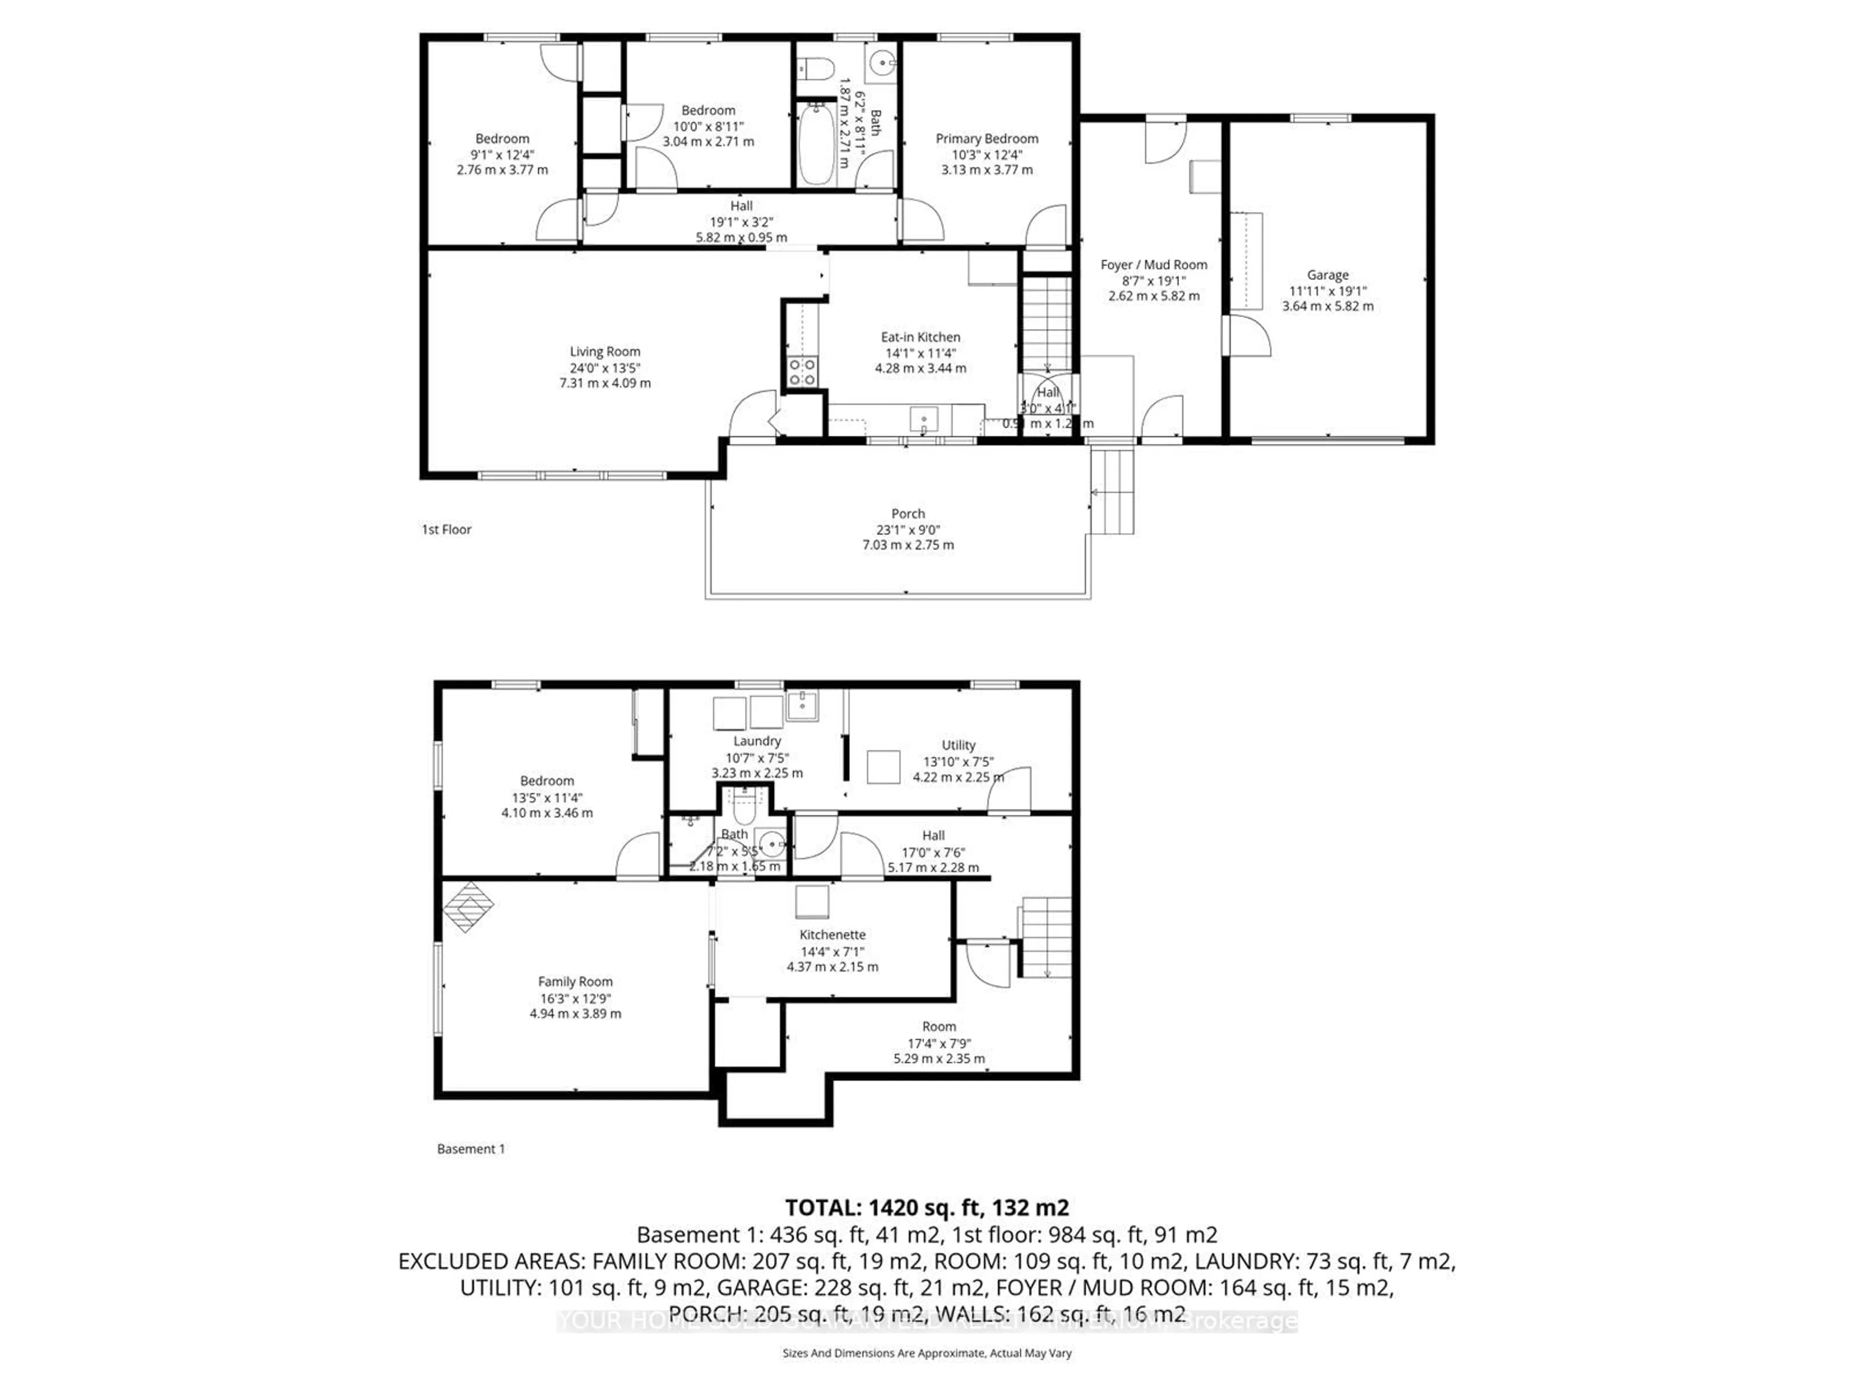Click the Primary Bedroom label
click(986, 138)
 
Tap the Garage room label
click(1328, 274)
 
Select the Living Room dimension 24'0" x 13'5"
click(604, 367)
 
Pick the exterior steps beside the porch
click(1113, 491)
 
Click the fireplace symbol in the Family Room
click(468, 907)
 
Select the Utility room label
click(958, 745)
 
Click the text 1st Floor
click(446, 529)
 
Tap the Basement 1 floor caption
click(471, 1149)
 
